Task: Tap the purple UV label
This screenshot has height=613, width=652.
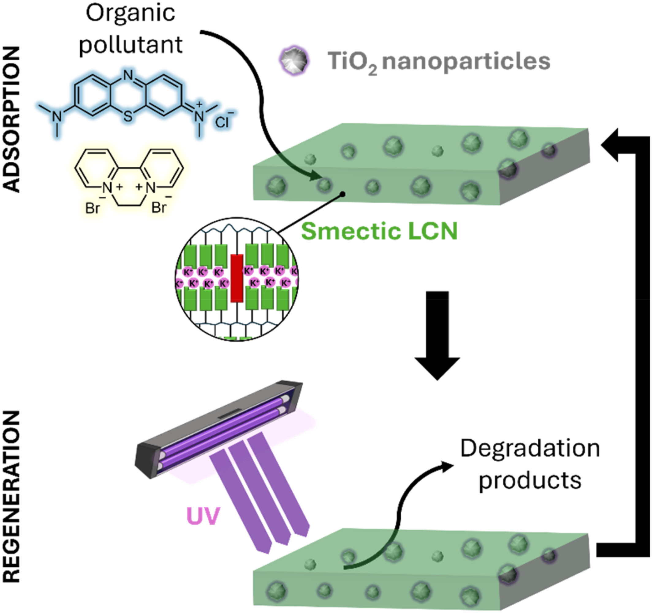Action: click(203, 516)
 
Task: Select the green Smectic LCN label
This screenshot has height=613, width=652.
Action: click(379, 231)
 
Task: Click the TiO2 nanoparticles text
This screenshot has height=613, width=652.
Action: click(439, 62)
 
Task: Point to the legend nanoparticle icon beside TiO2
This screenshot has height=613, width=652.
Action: click(294, 61)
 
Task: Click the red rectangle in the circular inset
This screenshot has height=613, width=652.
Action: click(237, 278)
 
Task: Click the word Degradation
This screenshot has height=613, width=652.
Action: click(530, 449)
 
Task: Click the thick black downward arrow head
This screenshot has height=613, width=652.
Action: click(437, 367)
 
